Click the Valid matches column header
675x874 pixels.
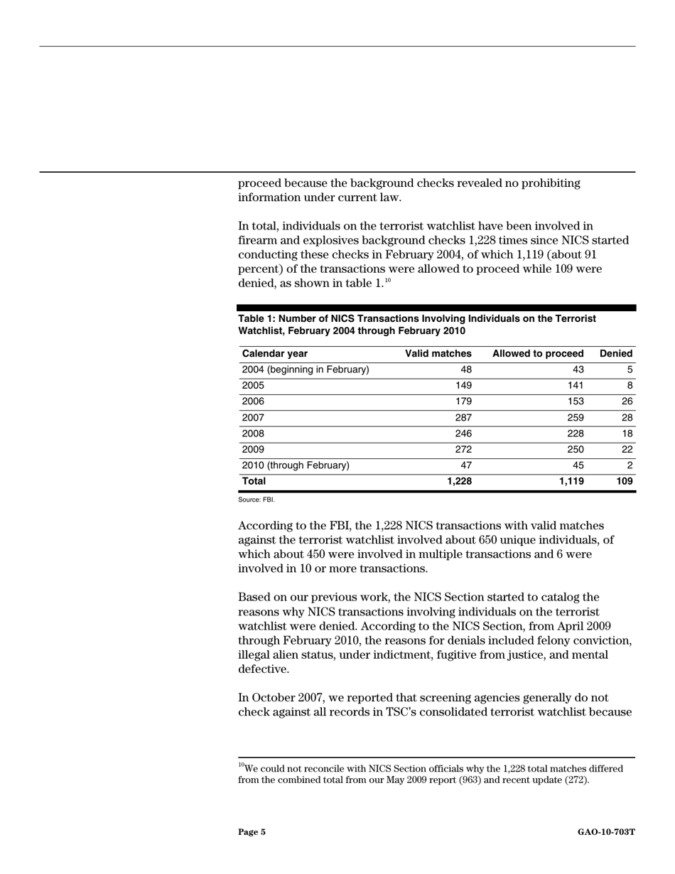click(438, 354)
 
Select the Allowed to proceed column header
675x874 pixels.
click(537, 354)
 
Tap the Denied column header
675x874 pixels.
click(616, 354)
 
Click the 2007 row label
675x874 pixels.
click(253, 418)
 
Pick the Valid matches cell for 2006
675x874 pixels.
click(463, 401)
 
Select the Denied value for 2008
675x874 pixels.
click(627, 433)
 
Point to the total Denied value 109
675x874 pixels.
click(624, 482)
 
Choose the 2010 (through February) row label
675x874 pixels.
click(296, 465)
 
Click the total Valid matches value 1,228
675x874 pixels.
click(459, 482)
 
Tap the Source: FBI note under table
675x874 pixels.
click(256, 500)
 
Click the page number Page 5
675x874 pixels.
click(252, 832)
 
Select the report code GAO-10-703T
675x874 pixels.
click(606, 832)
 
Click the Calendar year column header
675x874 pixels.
click(275, 354)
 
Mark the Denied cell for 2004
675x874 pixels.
click(630, 369)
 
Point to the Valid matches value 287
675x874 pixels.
click(463, 418)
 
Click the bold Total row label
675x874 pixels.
click(254, 482)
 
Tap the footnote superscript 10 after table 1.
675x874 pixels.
click(388, 281)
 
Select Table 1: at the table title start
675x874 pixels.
click(256, 319)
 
